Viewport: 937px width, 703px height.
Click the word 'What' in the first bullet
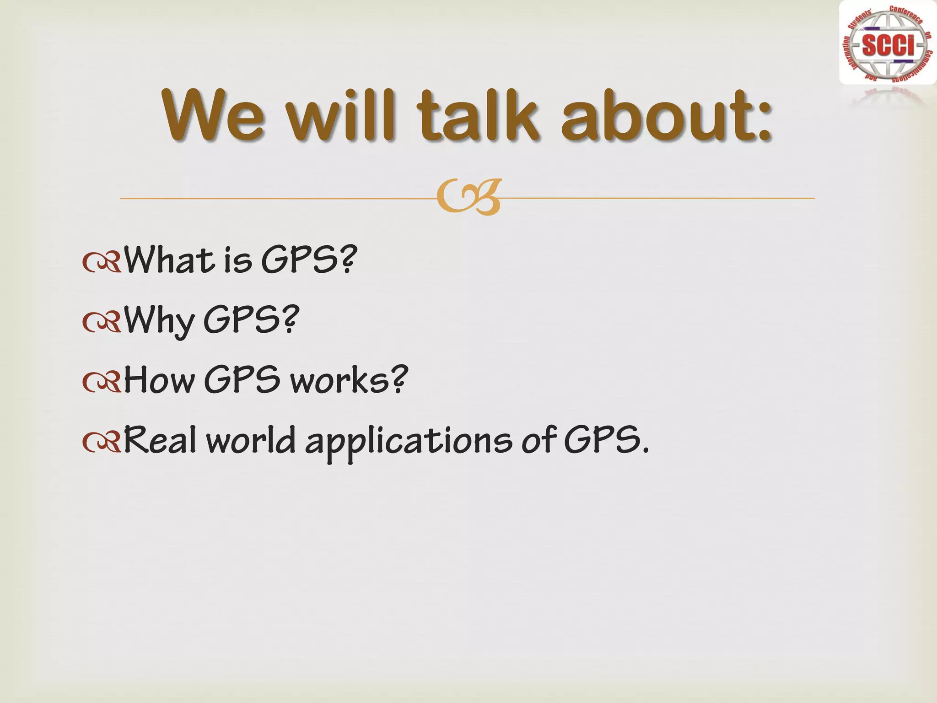pyautogui.click(x=170, y=260)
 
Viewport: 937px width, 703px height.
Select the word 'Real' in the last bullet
pyautogui.click(x=160, y=440)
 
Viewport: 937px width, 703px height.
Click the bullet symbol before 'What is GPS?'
pyautogui.click(x=102, y=263)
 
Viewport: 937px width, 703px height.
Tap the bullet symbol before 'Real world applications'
pyautogui.click(x=102, y=443)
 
